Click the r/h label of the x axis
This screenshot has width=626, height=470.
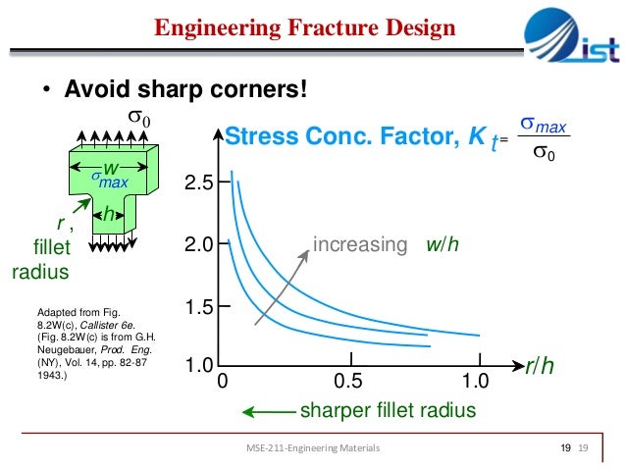point(539,367)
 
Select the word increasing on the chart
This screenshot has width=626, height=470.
point(359,244)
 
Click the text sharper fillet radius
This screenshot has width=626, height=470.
point(387,410)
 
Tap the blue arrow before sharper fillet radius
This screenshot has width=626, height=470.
point(267,410)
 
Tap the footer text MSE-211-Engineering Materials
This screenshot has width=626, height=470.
point(313,448)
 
